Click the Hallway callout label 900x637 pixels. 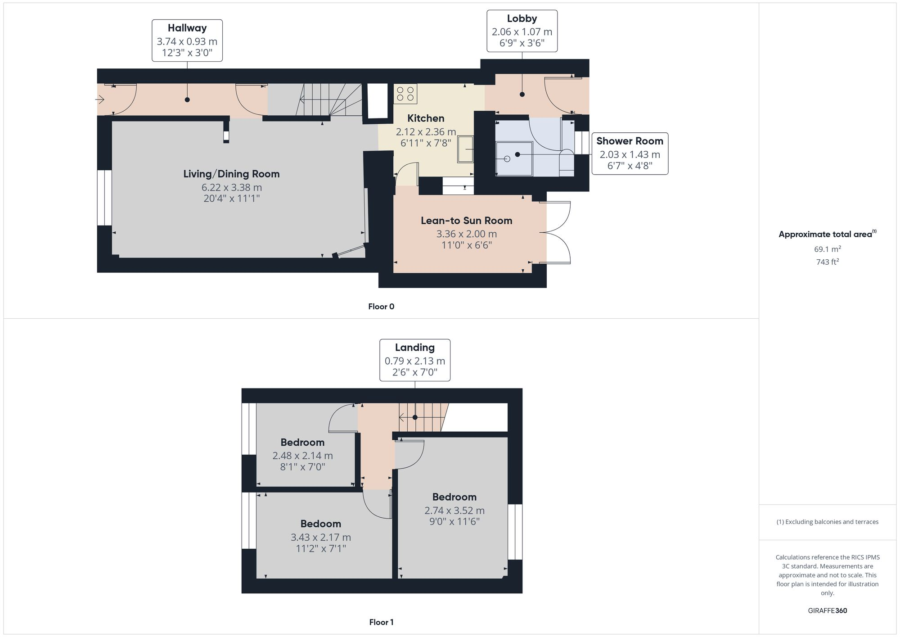coord(187,41)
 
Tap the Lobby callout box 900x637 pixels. coord(522,31)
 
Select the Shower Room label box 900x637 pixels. coord(630,154)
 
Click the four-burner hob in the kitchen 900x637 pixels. coord(405,94)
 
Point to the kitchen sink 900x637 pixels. coord(466,149)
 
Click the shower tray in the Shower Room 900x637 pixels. coord(514,158)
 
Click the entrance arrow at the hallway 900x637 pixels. coord(100,99)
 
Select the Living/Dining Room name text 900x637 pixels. coord(231,174)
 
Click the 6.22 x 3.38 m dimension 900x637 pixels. coord(231,187)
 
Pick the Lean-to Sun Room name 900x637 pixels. coord(466,221)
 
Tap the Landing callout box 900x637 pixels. coord(414,360)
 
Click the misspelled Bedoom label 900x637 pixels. coord(320,524)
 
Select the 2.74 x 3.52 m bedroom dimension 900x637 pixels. coord(454,511)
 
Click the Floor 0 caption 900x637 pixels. coord(381,307)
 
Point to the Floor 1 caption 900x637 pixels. coord(381,622)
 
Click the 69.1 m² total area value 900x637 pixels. coord(827,249)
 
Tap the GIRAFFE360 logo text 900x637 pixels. coord(827,611)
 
